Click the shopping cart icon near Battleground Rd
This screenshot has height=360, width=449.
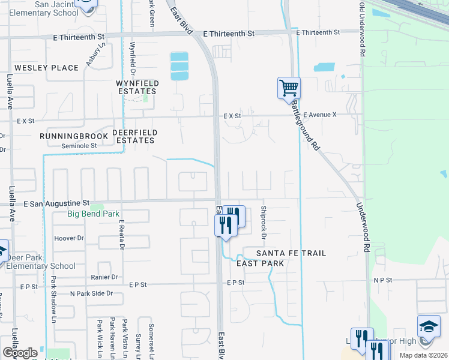(x=289, y=88)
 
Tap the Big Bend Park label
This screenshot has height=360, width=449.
(x=93, y=214)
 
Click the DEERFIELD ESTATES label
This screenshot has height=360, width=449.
(x=134, y=136)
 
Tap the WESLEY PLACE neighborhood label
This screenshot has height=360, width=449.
(x=46, y=68)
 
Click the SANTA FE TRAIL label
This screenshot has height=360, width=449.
(x=291, y=253)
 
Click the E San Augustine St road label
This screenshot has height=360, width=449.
(x=56, y=204)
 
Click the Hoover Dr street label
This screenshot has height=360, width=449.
(x=68, y=238)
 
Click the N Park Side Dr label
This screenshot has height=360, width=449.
(x=91, y=293)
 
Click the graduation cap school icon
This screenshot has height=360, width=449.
(x=429, y=326)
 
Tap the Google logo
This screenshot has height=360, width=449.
(x=19, y=353)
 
